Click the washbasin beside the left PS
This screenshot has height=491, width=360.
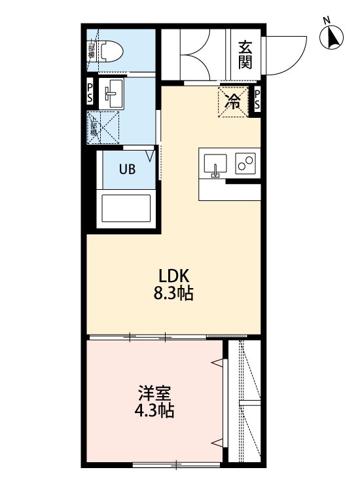click(114, 94)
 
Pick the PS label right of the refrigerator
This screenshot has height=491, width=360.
click(257, 100)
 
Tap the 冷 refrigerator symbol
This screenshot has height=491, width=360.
click(233, 101)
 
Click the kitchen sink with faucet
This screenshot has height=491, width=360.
click(215, 165)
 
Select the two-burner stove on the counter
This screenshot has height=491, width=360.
click(246, 164)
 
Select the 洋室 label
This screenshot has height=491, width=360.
click(155, 394)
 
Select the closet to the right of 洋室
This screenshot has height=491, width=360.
click(246, 403)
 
